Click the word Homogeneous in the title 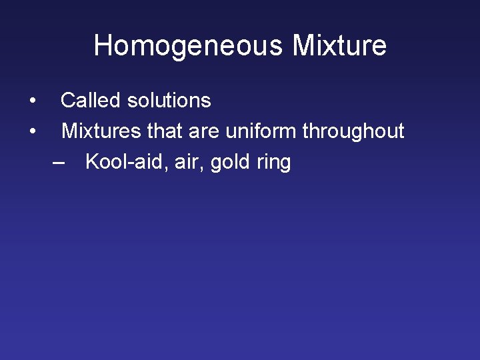(x=188, y=46)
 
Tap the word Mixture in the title (x=339, y=46)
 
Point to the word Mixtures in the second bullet (x=101, y=131)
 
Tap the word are (x=204, y=131)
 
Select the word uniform (x=261, y=131)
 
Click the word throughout (x=353, y=131)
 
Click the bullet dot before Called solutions (x=32, y=101)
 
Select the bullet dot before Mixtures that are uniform (x=32, y=132)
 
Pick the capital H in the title (x=103, y=46)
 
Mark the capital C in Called (x=69, y=101)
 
